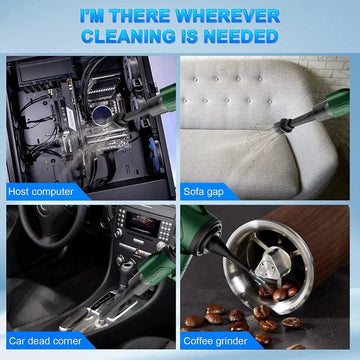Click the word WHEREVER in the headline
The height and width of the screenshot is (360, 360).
point(226,16)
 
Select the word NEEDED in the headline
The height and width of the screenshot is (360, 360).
point(244,36)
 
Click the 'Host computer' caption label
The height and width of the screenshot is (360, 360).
point(41,192)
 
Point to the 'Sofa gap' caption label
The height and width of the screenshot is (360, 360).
point(204,192)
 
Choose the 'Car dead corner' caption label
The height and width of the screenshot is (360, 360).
point(45,341)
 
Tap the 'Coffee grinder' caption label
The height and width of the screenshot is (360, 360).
point(215,341)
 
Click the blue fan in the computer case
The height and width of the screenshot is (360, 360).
point(154,154)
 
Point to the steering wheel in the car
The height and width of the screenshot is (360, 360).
point(50,227)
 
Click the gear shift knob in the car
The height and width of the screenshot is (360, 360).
point(126,267)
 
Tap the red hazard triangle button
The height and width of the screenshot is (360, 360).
point(138,252)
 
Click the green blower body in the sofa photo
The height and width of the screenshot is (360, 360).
point(337,103)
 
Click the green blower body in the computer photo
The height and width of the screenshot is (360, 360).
point(167,97)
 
